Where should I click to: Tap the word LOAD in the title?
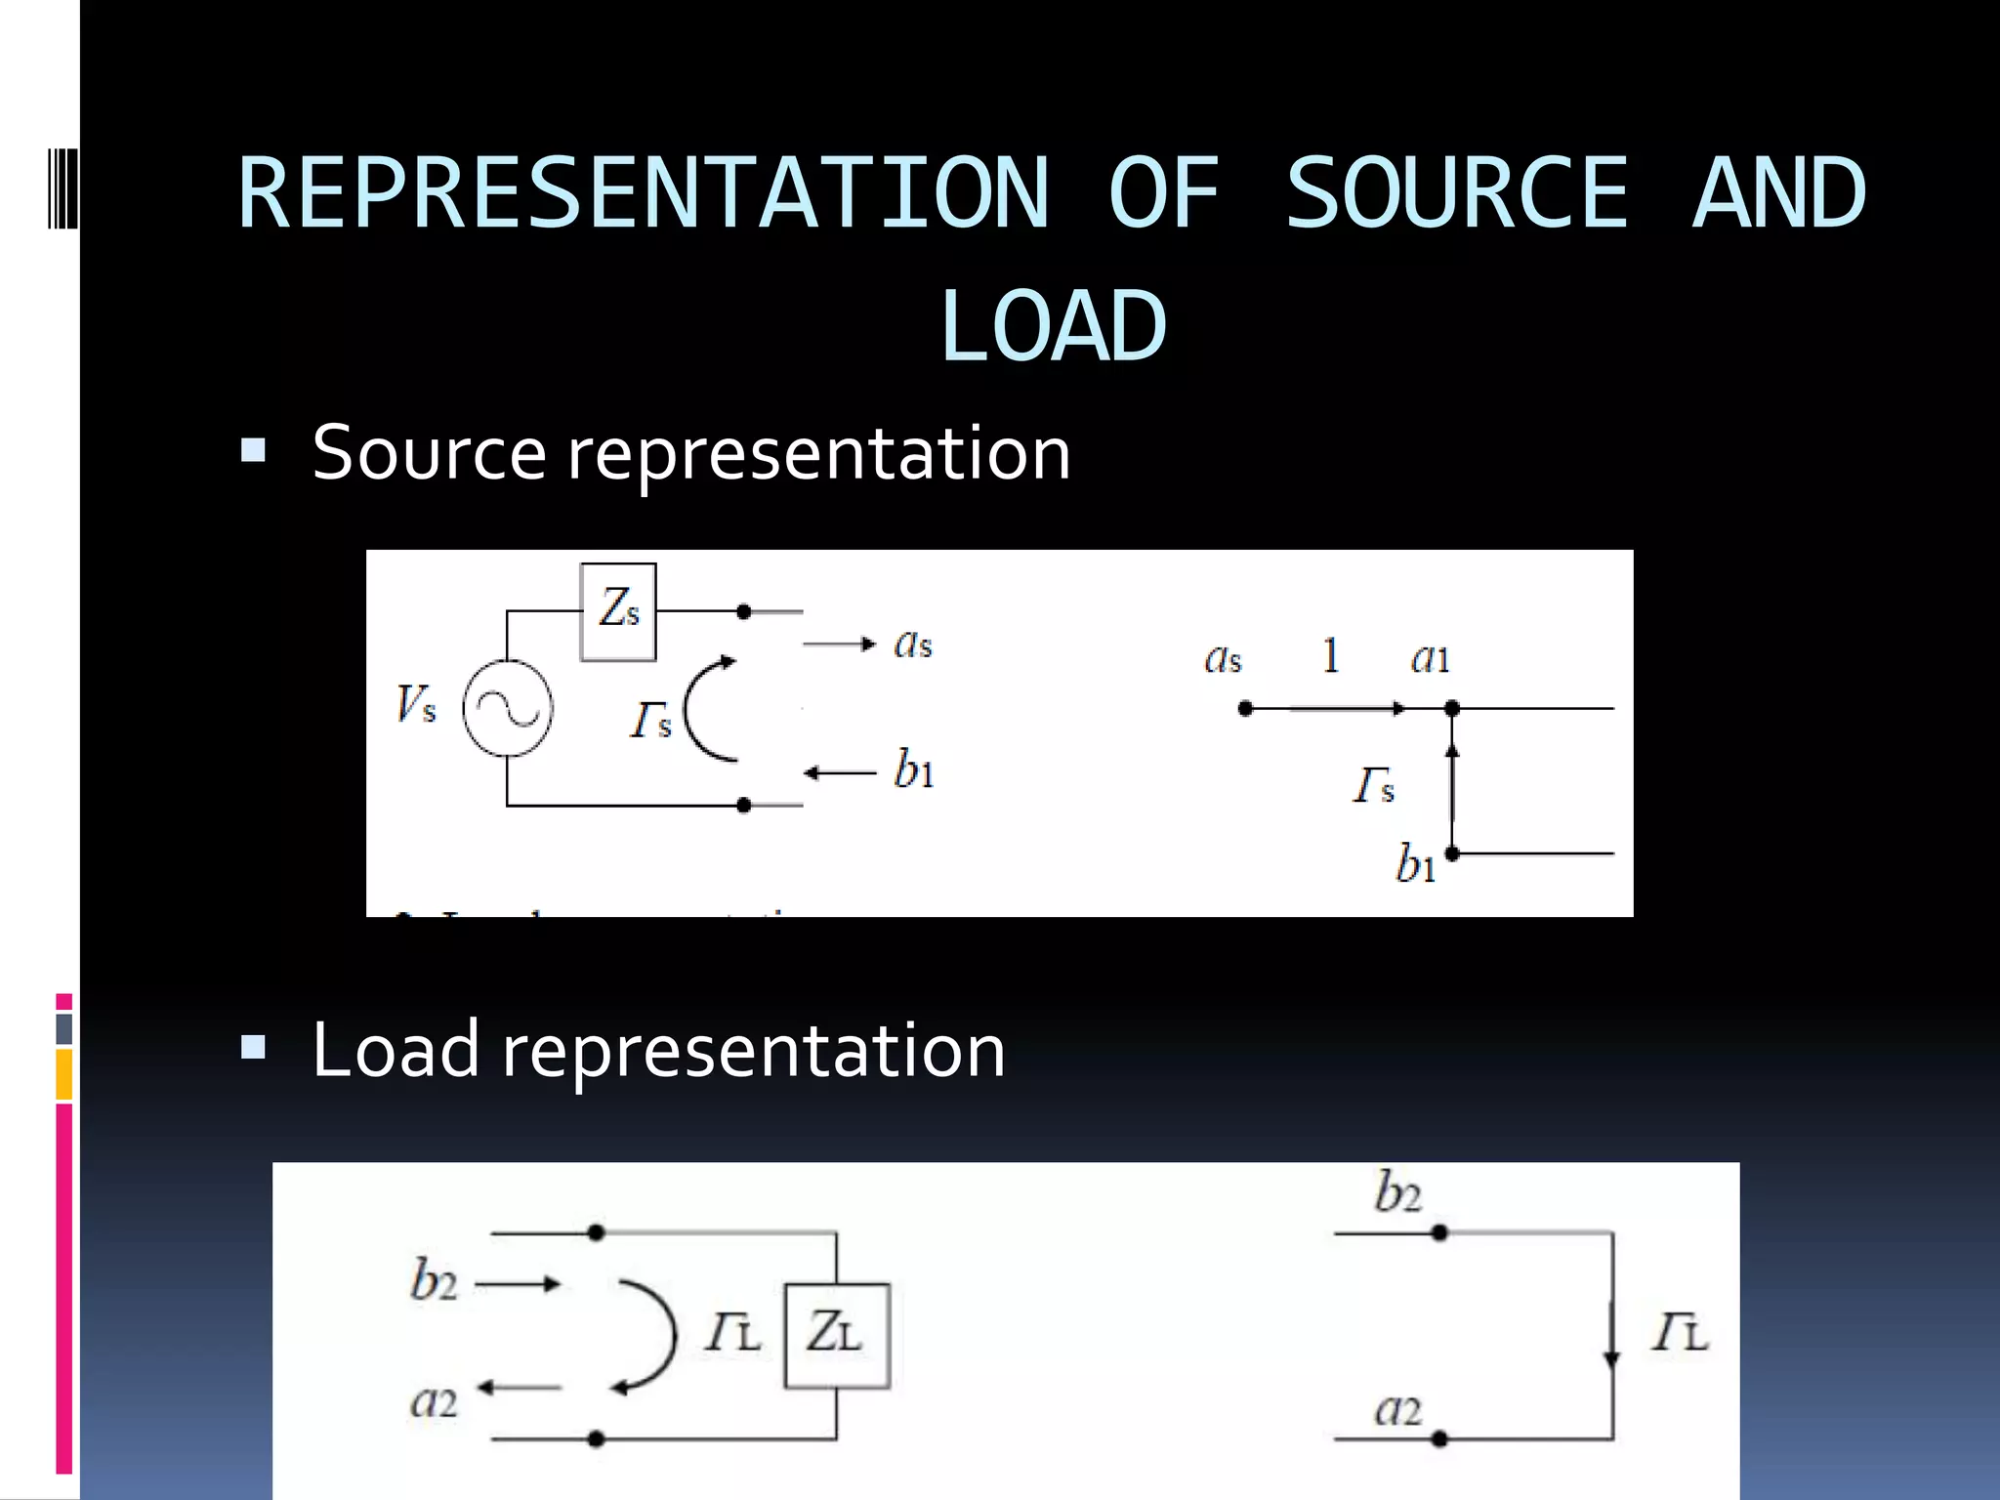coord(1053,327)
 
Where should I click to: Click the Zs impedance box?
coord(618,611)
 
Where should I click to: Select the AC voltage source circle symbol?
coord(508,709)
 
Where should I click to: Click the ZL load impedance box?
coord(836,1335)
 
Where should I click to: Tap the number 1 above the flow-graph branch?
coord(1330,655)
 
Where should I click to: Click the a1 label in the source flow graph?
coord(1430,658)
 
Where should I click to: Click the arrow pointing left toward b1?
coord(840,773)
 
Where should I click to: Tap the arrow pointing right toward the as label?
coord(840,644)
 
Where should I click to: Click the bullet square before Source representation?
coord(253,450)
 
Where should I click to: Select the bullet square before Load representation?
coord(253,1048)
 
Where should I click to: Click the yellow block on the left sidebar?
coord(63,1074)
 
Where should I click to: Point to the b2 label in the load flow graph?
coord(1397,1192)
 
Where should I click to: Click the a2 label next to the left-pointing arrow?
coord(434,1402)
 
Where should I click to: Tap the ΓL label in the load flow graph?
coord(1680,1333)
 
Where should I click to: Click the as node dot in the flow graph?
coord(1245,708)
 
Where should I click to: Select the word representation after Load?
coord(753,1051)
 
